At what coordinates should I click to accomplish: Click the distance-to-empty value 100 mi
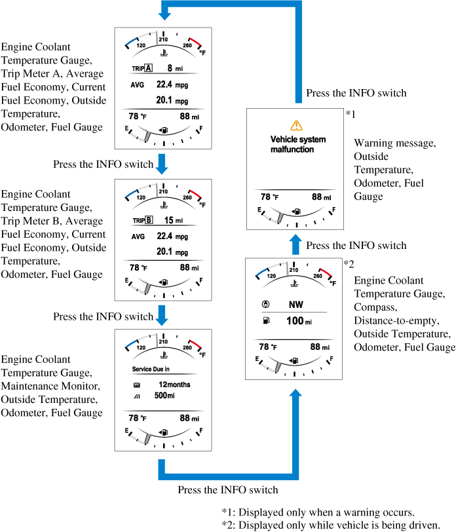(299, 321)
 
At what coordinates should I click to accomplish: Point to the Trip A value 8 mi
(174, 68)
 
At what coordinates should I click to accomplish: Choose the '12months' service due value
(174, 385)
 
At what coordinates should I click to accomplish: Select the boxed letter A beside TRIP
(149, 68)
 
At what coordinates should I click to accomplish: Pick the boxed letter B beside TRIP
(149, 220)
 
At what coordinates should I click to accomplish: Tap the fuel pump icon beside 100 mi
(265, 321)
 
